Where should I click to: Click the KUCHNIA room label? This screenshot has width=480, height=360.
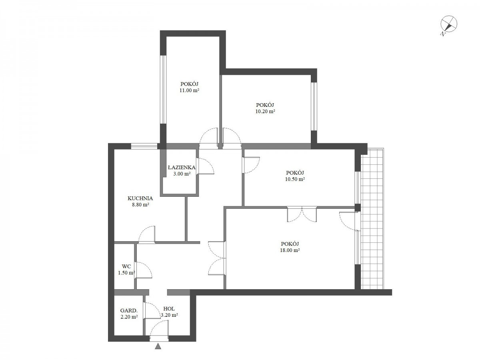pos(140,198)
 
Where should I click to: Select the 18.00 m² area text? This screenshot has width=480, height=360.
pos(290,250)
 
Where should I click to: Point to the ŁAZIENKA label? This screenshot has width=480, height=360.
pos(182,168)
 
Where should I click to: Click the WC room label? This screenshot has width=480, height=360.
pos(126,266)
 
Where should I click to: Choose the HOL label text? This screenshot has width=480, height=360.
pos(169,309)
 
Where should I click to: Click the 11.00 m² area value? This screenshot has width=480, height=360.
pos(189,90)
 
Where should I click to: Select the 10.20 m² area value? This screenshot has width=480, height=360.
pos(265,111)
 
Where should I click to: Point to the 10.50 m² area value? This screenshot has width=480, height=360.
pos(295,179)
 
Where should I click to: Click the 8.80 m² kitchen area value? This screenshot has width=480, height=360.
pos(140,205)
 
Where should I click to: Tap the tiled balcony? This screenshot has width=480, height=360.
pos(372,218)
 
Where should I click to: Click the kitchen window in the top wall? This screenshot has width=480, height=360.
pos(144,146)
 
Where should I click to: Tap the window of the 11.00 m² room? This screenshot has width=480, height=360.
pos(163,89)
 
